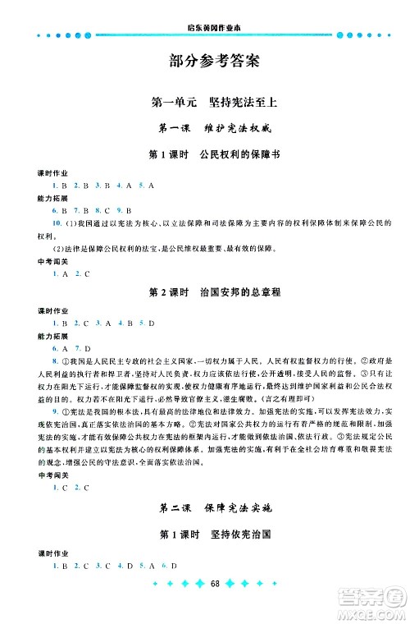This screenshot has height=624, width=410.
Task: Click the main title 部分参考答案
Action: click(205, 60)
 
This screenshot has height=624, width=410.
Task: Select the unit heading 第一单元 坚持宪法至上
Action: click(205, 103)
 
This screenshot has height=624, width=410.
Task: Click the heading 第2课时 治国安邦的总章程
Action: click(205, 292)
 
